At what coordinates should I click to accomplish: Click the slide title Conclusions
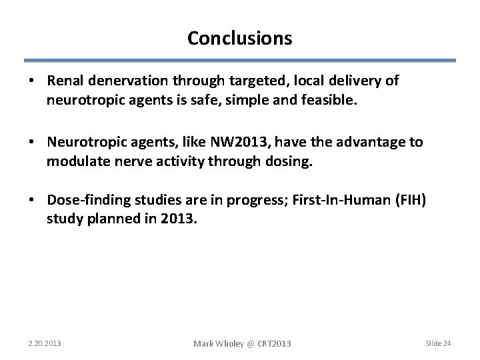coord(239,39)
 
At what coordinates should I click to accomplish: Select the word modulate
coord(75,162)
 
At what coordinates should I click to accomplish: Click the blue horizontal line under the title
coord(239,61)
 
